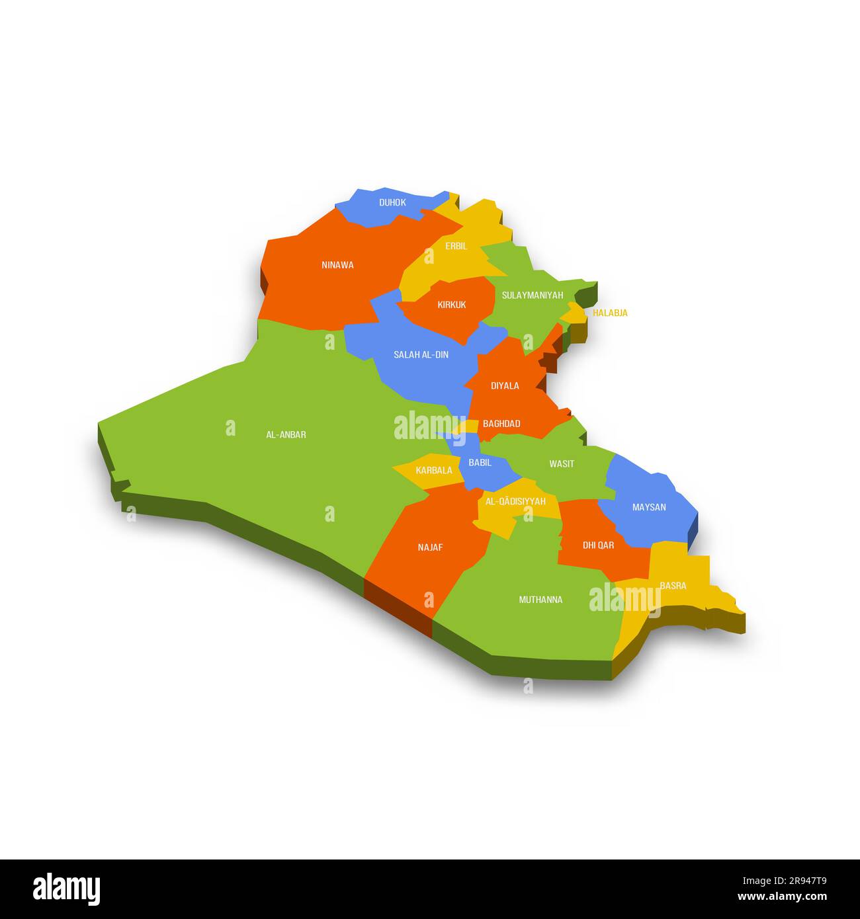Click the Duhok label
(392, 202)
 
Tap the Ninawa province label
(337, 265)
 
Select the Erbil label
(456, 246)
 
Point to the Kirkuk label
(451, 305)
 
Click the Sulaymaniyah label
(532, 295)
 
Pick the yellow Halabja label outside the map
(610, 313)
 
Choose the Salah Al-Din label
(421, 355)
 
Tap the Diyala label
(505, 385)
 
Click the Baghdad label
(501, 424)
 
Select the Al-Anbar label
(286, 434)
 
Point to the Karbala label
(434, 471)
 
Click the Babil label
(480, 463)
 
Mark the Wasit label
(562, 463)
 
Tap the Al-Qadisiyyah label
(515, 502)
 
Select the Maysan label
(649, 507)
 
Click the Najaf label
(430, 547)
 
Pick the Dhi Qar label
(598, 545)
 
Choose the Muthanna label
(540, 600)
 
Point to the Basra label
(673, 586)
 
